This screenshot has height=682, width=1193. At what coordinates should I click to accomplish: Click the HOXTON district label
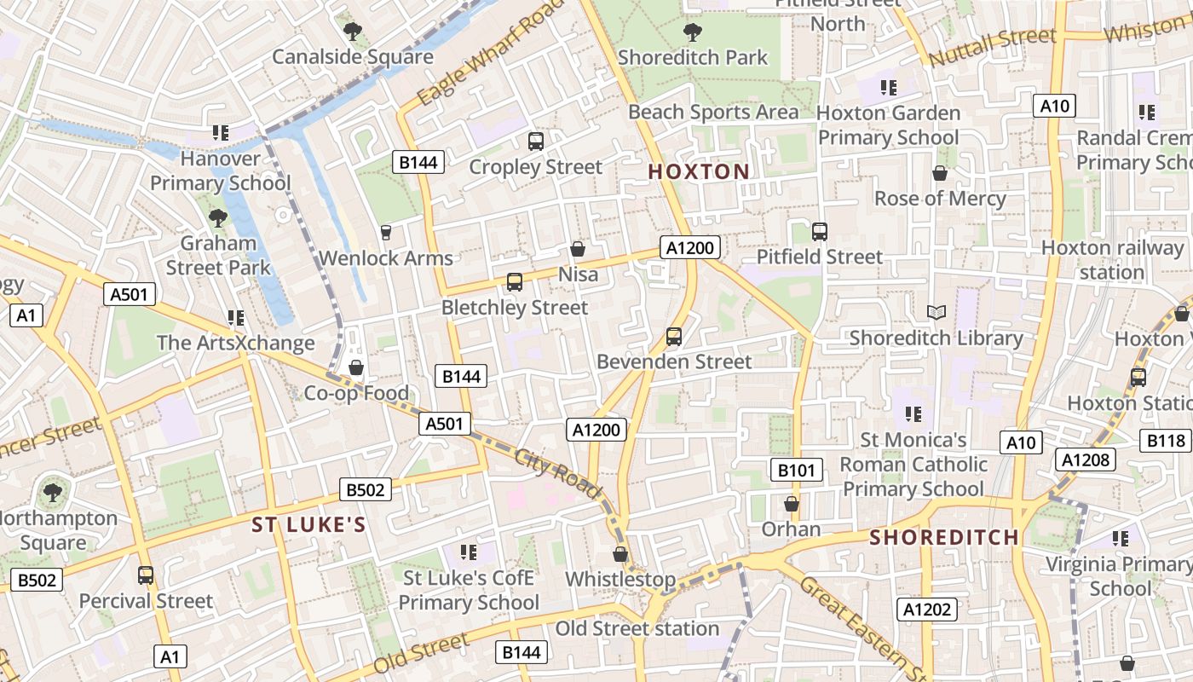699,171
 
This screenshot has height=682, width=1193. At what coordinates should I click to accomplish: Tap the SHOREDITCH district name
945,538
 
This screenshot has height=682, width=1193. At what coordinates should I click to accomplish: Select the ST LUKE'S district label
308,525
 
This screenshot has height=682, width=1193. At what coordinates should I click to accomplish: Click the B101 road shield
798,469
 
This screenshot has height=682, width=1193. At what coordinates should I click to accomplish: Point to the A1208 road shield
1085,460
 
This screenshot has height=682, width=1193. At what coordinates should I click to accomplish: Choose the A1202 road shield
927,610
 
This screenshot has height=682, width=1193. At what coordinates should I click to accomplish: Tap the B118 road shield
1166,441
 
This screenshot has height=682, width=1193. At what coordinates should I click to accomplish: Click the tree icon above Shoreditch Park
693,32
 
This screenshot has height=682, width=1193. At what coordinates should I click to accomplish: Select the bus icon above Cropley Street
535,142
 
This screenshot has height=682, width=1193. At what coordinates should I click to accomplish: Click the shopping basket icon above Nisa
578,249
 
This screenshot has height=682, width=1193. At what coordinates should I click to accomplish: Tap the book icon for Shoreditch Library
937,313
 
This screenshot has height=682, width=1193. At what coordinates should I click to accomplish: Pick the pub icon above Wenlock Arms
385,232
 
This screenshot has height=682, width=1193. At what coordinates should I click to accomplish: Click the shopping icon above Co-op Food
356,367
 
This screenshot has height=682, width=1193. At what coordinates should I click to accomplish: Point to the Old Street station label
637,629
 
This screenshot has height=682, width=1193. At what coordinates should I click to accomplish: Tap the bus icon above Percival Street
146,575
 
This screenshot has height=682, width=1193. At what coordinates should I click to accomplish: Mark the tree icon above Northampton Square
53,492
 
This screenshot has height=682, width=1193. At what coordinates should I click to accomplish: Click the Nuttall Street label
993,48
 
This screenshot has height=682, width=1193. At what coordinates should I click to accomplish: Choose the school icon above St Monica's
913,414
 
